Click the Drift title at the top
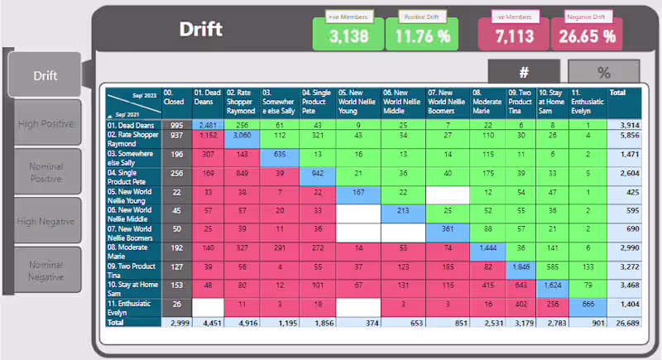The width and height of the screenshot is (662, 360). [201, 30]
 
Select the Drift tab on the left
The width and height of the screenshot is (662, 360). [45, 75]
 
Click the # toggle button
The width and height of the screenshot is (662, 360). [524, 72]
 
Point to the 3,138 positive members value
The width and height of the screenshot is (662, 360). [348, 36]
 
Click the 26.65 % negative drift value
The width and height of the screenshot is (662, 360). [586, 36]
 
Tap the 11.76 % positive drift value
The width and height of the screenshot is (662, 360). [422, 36]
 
